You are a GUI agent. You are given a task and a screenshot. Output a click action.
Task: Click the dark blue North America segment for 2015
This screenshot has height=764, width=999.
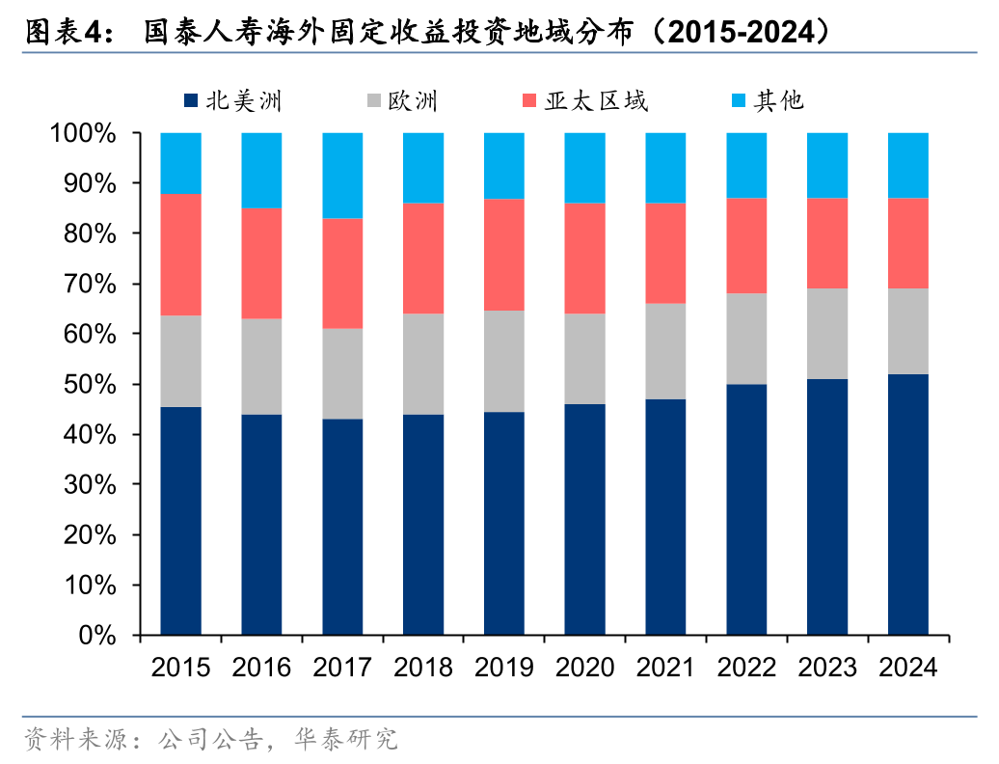click(180, 521)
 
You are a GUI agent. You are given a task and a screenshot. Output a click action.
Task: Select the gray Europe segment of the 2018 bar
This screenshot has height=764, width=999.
click(423, 364)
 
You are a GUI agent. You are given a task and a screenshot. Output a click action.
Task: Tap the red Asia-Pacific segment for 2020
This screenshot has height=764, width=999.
click(584, 259)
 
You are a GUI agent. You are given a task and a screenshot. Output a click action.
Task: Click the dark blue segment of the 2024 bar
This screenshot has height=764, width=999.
click(907, 505)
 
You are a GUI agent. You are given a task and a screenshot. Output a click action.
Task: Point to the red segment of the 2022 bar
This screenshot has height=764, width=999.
click(746, 246)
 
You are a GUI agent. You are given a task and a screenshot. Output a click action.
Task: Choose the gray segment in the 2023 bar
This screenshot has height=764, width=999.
click(827, 334)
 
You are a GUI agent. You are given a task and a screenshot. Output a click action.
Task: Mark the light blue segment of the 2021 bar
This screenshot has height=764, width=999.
click(665, 168)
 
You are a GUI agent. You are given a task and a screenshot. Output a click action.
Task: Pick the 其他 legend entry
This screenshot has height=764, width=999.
click(767, 101)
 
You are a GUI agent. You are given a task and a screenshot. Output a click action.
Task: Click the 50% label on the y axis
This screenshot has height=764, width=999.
click(90, 385)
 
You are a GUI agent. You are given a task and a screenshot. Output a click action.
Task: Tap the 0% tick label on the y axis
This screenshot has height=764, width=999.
click(96, 637)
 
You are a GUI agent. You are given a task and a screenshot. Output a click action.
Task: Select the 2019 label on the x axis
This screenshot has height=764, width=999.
click(503, 668)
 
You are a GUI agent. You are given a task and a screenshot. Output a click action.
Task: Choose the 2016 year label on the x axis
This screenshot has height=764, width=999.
click(261, 668)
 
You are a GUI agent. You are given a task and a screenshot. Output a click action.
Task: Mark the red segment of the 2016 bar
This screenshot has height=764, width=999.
click(261, 263)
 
